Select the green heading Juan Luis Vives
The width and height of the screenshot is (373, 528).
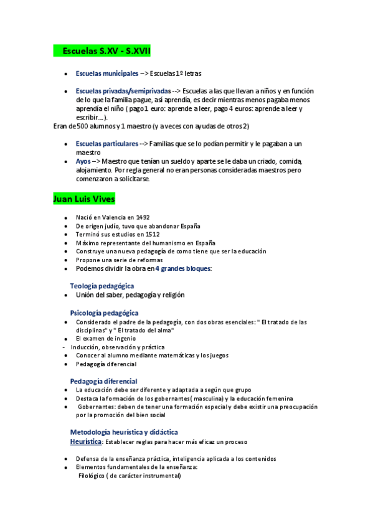[x=84, y=199]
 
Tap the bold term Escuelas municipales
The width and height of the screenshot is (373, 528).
[x=106, y=73]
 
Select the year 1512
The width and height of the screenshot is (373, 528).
[x=139, y=234]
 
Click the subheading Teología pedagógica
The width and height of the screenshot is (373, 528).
[x=102, y=286]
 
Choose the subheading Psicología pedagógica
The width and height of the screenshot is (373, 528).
[x=104, y=313]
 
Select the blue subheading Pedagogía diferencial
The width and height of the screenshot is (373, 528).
[x=103, y=381]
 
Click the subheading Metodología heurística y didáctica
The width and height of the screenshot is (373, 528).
[x=124, y=431]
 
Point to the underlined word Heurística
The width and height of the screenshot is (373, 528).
[x=86, y=441]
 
